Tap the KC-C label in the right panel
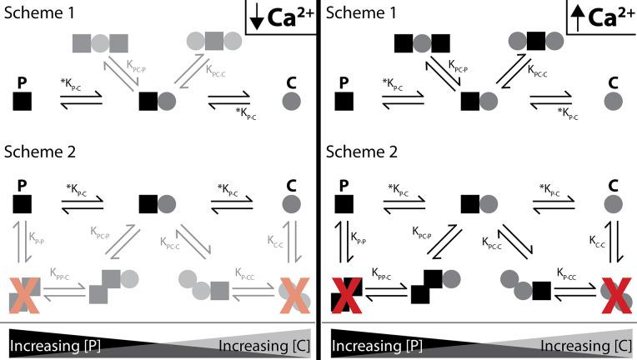tap(597, 239)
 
